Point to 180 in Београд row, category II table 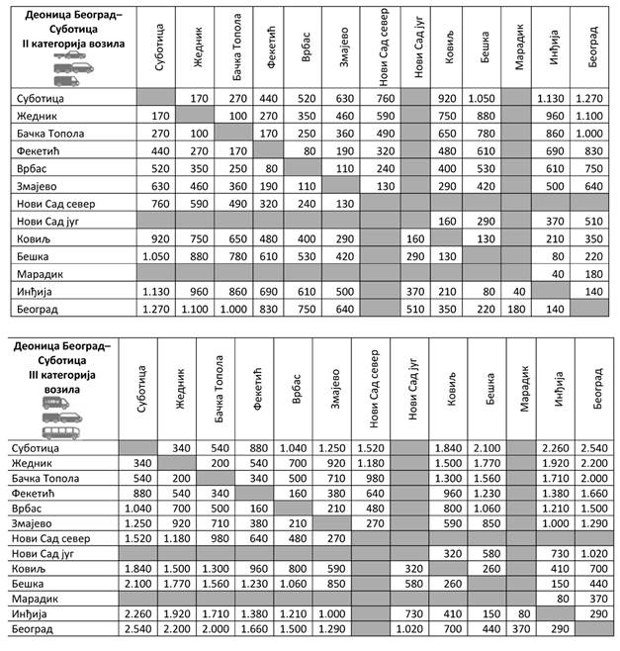519,309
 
